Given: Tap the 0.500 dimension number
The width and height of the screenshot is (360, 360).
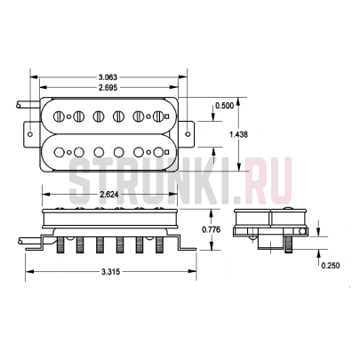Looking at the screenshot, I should [x=225, y=106].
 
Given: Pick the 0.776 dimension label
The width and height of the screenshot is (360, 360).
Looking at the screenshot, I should [x=210, y=230].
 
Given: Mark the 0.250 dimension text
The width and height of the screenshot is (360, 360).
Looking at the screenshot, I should [x=331, y=266].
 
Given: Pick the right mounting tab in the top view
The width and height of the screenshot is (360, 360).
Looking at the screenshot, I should [x=187, y=133].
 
